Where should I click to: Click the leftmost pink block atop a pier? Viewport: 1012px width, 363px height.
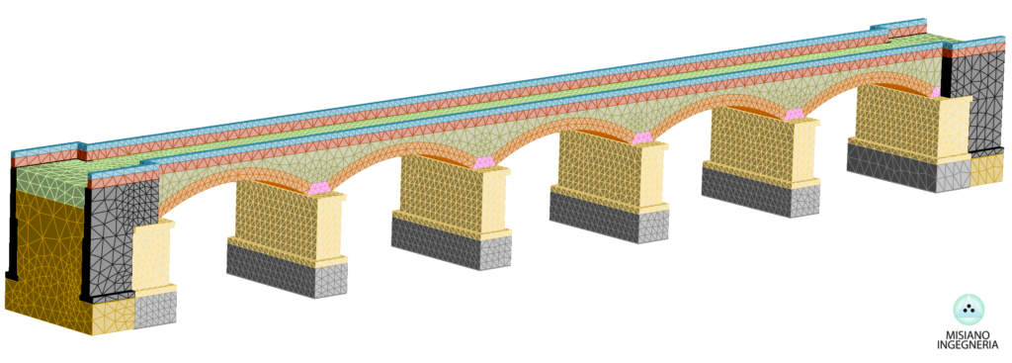[319, 187]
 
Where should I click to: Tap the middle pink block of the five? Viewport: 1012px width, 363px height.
[642, 137]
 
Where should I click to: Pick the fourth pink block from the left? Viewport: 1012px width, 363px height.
[795, 115]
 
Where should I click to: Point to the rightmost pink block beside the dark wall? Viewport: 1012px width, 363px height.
[936, 92]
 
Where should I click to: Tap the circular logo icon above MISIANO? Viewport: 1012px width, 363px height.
[969, 310]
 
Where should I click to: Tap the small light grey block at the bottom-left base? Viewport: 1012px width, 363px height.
[155, 310]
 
